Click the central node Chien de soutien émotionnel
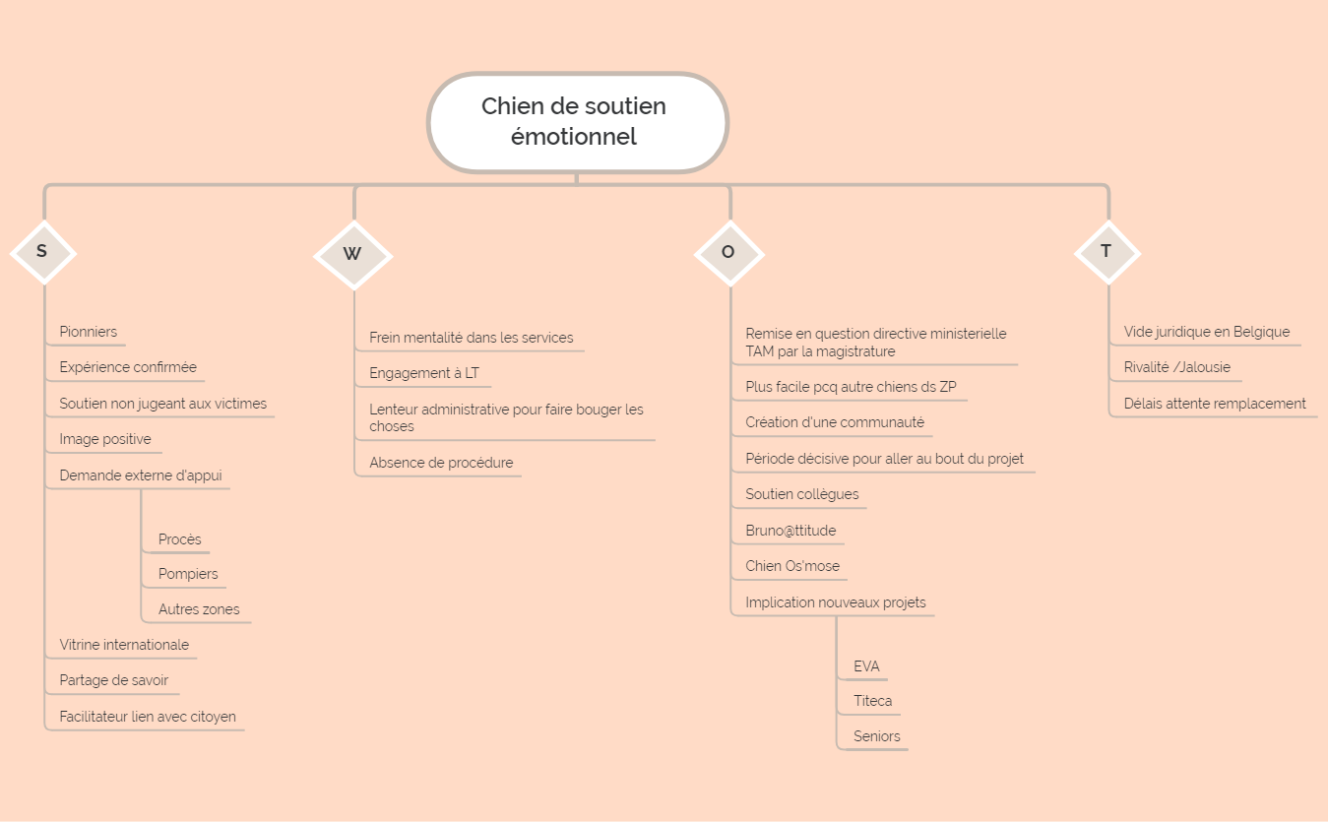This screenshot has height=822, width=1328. [578, 123]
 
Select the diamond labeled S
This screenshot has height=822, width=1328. [43, 253]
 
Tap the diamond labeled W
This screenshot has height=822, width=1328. [353, 255]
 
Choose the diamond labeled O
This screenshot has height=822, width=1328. [729, 254]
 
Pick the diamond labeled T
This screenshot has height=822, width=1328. [1107, 253]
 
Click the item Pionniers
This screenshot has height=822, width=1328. [89, 332]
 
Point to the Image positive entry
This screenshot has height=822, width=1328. [105, 439]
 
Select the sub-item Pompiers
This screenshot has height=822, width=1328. [188, 574]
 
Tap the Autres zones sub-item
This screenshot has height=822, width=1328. [199, 609]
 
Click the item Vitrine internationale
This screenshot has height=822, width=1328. [124, 645]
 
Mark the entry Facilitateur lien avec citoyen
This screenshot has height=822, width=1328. [148, 717]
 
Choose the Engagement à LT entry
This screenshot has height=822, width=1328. [424, 373]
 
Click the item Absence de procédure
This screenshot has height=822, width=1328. [441, 463]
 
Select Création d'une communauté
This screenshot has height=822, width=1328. [835, 422]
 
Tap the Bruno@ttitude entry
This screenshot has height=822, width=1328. [790, 531]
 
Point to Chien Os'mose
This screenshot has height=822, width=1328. [792, 566]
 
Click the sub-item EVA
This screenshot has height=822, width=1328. [866, 666]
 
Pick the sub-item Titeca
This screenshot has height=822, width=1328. [872, 701]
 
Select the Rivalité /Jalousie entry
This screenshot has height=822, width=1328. [1176, 367]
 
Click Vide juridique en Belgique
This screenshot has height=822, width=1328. [1207, 332]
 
